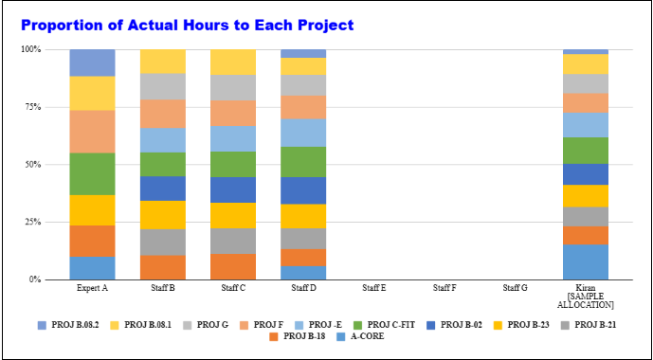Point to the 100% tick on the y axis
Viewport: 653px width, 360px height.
pos(31,49)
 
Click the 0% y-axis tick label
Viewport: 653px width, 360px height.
pos(35,279)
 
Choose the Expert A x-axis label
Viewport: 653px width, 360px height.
pos(92,287)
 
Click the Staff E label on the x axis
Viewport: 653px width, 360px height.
pos(374,287)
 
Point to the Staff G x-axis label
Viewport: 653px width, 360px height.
pos(515,287)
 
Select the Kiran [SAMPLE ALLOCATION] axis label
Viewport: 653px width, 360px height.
pos(585,296)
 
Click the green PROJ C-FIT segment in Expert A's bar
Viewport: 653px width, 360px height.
pos(92,173)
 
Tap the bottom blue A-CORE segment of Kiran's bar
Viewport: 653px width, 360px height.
pos(585,261)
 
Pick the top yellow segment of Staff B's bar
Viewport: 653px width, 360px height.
pos(162,61)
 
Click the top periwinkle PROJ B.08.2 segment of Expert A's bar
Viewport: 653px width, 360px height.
pos(92,63)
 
